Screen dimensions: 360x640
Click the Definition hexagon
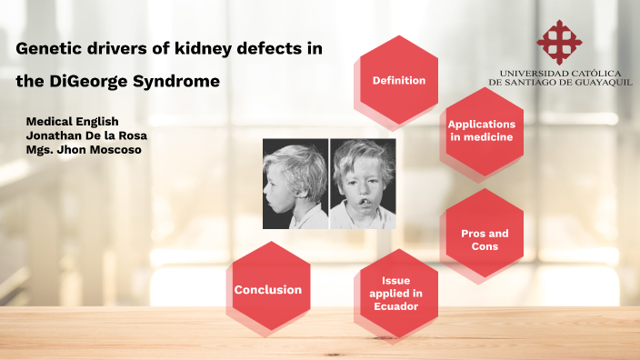click(398, 80)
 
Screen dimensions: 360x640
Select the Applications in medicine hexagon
click(481, 130)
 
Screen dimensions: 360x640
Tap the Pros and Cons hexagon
click(485, 239)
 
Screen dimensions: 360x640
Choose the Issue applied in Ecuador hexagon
click(398, 293)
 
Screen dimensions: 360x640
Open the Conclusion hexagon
click(268, 290)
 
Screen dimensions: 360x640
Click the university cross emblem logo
click(560, 41)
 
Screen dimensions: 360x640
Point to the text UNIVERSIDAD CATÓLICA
click(560, 72)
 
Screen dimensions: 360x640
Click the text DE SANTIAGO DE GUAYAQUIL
click(560, 82)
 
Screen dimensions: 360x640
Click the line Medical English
click(72, 121)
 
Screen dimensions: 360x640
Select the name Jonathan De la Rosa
click(87, 135)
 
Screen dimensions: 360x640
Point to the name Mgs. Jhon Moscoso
click(84, 150)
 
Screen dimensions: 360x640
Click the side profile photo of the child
click(295, 183)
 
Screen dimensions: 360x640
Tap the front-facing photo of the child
click(362, 183)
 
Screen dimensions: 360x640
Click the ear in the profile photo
click(304, 176)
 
